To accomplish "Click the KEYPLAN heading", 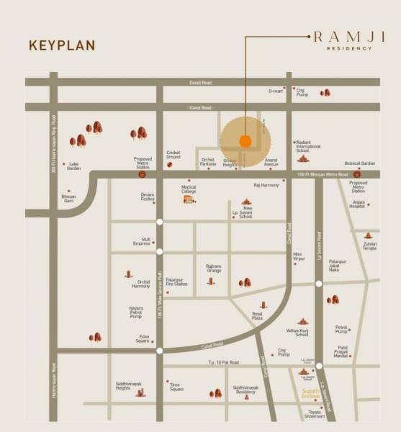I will click(62, 45).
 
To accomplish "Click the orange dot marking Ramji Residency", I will click(245, 141).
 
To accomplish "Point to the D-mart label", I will click(275, 91).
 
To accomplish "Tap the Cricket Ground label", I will click(174, 154).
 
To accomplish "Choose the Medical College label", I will click(189, 189).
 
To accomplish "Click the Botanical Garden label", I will click(360, 163).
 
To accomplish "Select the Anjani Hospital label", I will click(357, 204).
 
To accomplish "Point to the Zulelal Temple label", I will click(369, 246).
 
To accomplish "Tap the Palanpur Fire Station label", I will click(176, 282).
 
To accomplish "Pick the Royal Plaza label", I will click(257, 316).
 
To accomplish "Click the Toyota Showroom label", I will click(314, 414).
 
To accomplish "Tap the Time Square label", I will click(176, 387).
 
